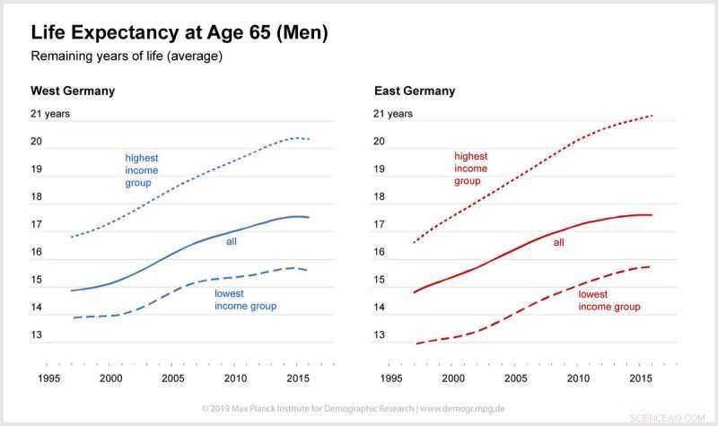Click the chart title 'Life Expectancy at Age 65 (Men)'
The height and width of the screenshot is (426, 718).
click(179, 34)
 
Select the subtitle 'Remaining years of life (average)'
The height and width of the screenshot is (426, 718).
click(127, 57)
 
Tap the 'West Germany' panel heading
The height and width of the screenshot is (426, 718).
click(73, 91)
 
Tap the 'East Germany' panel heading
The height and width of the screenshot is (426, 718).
click(415, 91)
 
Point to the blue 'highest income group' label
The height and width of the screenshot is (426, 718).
click(142, 170)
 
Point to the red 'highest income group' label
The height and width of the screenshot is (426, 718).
click(471, 168)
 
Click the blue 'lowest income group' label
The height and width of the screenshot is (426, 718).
click(245, 300)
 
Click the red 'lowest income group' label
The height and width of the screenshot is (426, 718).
click(609, 300)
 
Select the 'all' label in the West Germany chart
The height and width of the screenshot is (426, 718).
click(231, 240)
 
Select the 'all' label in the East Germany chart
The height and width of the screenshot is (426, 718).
click(559, 242)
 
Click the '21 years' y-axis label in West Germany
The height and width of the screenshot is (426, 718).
click(50, 114)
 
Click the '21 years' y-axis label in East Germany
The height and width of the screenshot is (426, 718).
click(393, 114)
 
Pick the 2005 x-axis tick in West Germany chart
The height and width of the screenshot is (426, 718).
click(173, 378)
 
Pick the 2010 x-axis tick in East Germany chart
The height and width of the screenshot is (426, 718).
click(579, 378)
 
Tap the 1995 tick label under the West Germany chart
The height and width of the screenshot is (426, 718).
click(49, 378)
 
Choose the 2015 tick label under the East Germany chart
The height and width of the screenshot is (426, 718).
click(641, 378)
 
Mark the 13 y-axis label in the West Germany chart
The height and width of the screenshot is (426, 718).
click(37, 335)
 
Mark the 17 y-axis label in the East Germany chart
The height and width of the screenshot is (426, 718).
click(379, 225)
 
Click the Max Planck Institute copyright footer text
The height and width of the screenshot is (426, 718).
click(359, 408)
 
